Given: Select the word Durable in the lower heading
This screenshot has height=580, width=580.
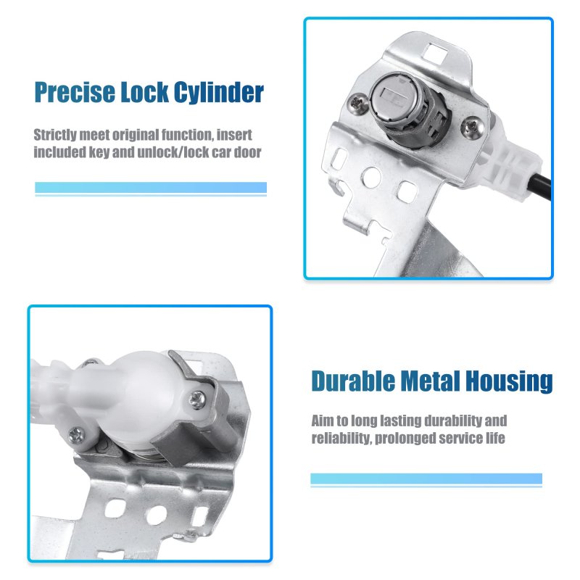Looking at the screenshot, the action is click(x=353, y=381).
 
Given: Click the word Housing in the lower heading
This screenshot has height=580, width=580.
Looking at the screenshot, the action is click(x=509, y=382).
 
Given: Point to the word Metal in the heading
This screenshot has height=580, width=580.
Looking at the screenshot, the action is click(x=430, y=381).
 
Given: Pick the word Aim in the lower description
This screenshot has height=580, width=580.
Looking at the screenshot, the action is click(x=323, y=420).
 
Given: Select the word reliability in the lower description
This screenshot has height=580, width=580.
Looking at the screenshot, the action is click(x=341, y=438).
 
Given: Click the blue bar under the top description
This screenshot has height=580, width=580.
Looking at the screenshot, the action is click(x=151, y=188).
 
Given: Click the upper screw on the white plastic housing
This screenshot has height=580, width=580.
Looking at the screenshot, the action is click(x=197, y=400).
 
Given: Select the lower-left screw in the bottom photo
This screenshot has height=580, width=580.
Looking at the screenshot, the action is click(x=77, y=435).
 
